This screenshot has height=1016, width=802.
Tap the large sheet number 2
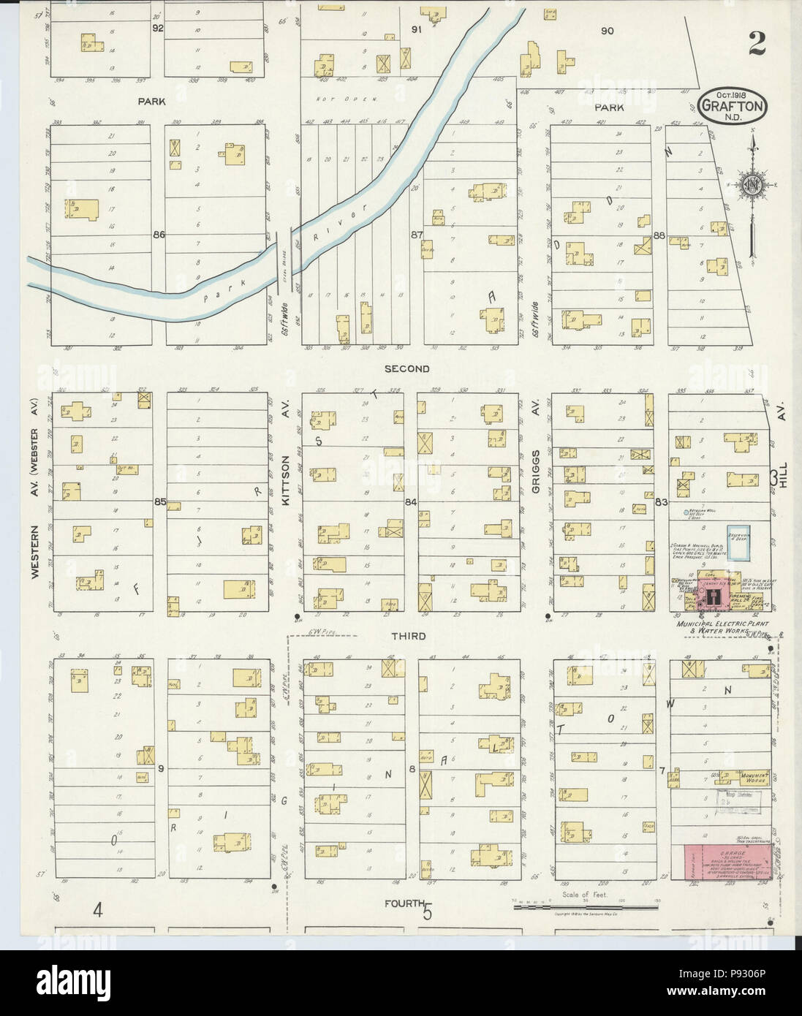757,45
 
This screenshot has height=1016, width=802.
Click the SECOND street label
409,369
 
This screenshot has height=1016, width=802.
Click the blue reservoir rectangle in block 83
738,543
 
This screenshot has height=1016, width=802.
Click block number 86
159,235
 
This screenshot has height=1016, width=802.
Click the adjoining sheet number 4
96,909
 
